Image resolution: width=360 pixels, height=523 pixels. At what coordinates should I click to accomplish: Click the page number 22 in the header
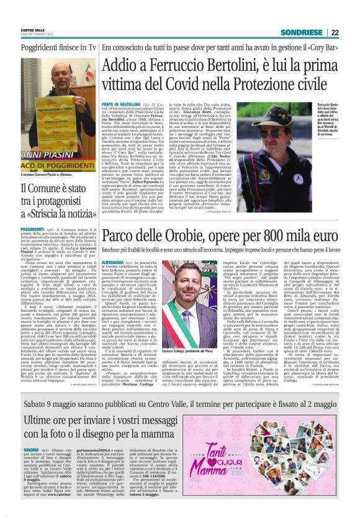[336, 32]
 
